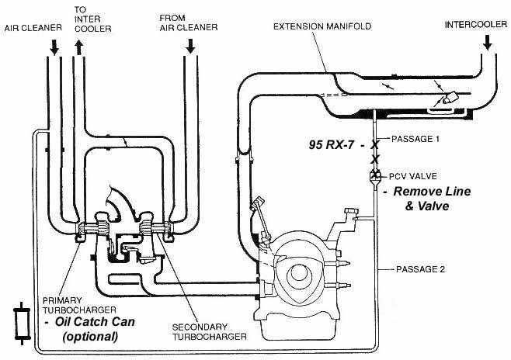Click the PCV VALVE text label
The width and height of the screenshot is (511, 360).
tap(409, 175)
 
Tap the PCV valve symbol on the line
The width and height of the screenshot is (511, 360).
tap(374, 176)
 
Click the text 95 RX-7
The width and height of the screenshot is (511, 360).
tap(332, 144)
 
